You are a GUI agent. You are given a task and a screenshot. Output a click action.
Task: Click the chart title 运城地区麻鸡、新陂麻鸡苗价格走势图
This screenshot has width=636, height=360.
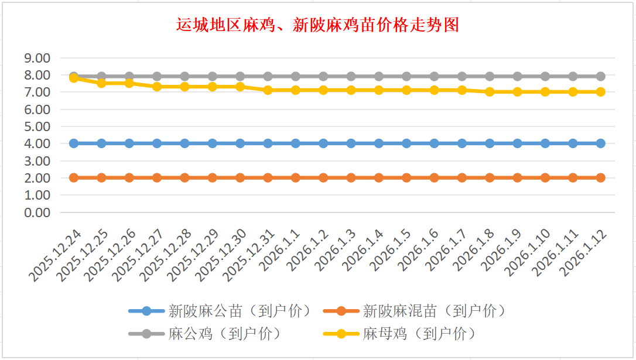pos(317,25)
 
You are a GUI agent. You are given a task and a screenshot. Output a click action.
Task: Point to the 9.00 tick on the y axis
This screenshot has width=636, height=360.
pos(37,58)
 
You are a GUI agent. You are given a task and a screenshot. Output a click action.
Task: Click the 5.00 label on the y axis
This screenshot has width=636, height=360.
pos(37,126)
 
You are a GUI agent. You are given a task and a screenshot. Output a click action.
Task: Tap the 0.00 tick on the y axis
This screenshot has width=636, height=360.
pos(37,212)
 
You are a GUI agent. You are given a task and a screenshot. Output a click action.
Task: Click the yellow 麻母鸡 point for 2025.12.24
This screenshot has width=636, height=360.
pos(74,78)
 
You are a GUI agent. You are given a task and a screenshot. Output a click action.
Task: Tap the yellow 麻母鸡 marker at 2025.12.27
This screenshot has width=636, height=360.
pos(157,87)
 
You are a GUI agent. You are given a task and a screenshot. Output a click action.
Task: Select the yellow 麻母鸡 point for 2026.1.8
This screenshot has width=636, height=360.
pos(490,92)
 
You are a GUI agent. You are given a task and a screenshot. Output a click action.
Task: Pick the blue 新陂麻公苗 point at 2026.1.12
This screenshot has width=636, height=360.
pos(600,143)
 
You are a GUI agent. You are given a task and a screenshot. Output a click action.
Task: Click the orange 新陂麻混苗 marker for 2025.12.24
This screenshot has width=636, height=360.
pos(74,177)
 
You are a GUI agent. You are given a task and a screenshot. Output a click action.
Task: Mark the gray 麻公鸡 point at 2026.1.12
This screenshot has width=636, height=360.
pos(600,76)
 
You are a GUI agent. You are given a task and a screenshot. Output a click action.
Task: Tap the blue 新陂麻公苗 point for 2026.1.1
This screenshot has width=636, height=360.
pos(296,143)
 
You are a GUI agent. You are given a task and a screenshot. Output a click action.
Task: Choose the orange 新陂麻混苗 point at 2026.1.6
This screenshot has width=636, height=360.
pos(434,177)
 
